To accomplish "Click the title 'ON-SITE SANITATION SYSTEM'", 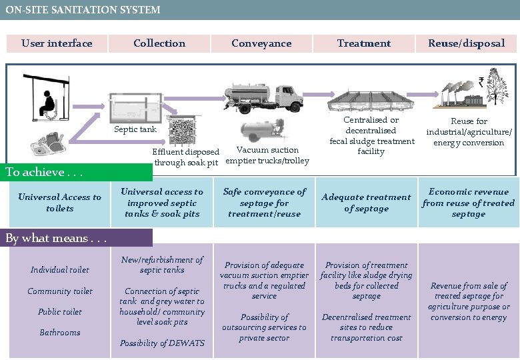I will [83, 10].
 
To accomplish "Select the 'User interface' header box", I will [57, 43].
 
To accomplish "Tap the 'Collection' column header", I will [159, 43].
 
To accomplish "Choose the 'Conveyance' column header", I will [261, 43].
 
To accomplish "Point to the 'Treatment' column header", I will [364, 43].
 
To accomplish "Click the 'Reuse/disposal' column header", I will [467, 43].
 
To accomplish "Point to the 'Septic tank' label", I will [135, 129].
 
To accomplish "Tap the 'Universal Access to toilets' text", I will [59, 203].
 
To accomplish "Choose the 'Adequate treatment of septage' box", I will [366, 203].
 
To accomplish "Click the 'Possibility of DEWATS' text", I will [162, 343].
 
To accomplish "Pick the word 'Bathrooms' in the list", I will [59, 332].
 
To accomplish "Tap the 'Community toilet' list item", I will [59, 291].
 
